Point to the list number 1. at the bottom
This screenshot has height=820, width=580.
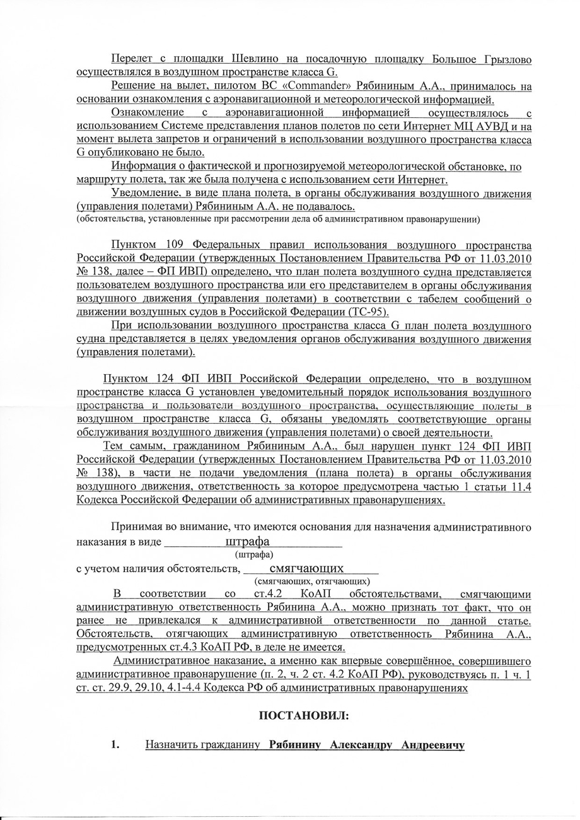(x=115, y=746)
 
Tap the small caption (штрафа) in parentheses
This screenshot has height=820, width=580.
(x=253, y=554)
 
